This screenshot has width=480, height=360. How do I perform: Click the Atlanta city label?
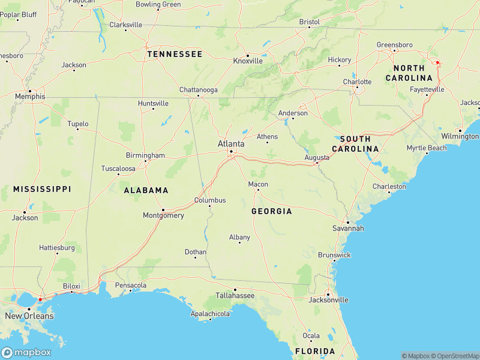click(x=231, y=144)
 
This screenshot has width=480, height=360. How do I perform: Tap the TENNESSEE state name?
click(x=175, y=54)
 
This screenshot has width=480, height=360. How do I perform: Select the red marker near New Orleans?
click(x=40, y=299)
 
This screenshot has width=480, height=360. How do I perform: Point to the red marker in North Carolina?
click(x=437, y=62)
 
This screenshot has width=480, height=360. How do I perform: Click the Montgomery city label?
click(x=163, y=215)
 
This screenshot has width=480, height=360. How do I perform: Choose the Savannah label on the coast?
click(x=348, y=229)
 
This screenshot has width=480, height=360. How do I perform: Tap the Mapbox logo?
click(x=26, y=352)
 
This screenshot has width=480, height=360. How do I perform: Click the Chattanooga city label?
click(x=199, y=90)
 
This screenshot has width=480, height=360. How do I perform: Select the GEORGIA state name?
click(x=272, y=211)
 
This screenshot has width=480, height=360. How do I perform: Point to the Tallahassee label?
click(x=235, y=296)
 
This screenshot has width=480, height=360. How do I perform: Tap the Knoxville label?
click(x=248, y=61)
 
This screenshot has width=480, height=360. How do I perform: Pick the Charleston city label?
click(x=389, y=187)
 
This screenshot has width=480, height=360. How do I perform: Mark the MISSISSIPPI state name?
click(x=42, y=189)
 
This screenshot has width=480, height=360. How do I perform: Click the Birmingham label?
click(x=145, y=155)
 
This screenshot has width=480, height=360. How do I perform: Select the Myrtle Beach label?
click(x=427, y=148)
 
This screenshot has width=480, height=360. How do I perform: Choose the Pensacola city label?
click(x=131, y=285)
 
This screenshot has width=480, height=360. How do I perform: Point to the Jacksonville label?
click(x=328, y=299)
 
